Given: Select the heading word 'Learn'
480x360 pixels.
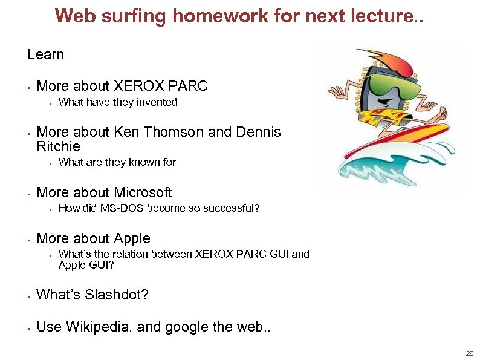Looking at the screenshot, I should pos(45,54).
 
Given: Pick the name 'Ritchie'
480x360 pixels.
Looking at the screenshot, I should pos(58,146).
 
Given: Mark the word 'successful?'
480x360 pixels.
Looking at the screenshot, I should pos(232,208).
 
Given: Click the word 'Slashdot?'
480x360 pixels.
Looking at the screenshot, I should pos(116,295).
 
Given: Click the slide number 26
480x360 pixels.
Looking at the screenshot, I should pos(469,353).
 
